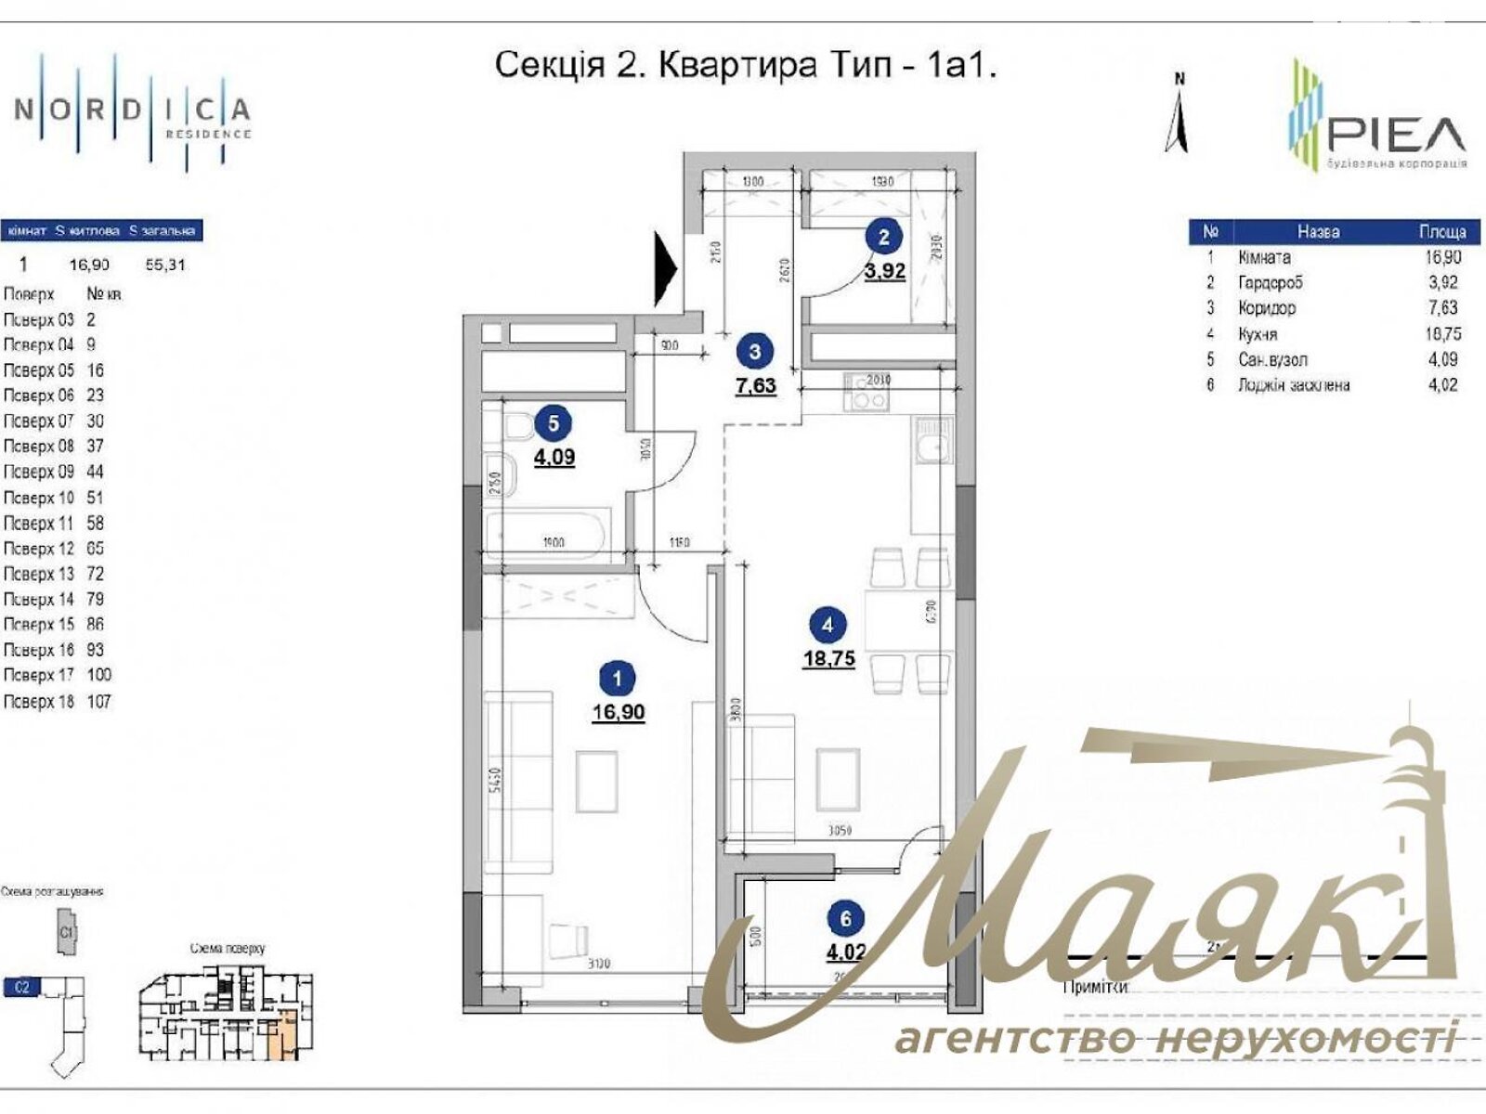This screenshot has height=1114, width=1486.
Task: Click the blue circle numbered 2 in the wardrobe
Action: coord(883,237)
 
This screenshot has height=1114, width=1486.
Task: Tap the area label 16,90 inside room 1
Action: coord(618,713)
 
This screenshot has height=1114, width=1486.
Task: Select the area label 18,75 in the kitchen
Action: coord(828,659)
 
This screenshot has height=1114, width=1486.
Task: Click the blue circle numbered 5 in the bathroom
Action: coord(554,423)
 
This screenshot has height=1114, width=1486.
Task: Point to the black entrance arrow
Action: coord(666,269)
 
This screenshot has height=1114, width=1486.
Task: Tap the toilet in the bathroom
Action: coord(515,428)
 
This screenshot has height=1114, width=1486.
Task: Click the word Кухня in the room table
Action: coord(1257,334)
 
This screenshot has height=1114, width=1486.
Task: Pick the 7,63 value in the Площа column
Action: coord(1442,308)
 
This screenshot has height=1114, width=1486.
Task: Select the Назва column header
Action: coord(1317,231)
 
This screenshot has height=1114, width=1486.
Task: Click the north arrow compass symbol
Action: coord(1177,116)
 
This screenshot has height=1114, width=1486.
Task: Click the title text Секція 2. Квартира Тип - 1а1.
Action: coord(745,66)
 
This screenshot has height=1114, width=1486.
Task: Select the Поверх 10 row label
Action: coord(39,498)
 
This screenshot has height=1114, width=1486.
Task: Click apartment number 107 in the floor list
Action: coord(98,702)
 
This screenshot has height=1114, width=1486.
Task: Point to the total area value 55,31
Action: coord(165,265)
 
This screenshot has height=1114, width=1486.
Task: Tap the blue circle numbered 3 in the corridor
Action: coord(754,352)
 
